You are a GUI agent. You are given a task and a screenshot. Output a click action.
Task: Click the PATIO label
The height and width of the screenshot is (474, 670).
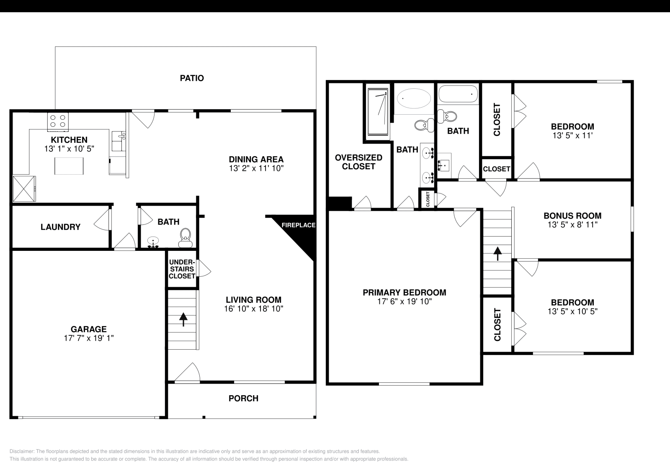pyautogui.click(x=192, y=78)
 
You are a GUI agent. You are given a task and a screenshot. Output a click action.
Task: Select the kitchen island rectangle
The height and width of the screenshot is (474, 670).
pyautogui.click(x=69, y=165)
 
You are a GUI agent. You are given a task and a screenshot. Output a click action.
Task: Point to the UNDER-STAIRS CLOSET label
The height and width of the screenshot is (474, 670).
pyautogui.click(x=182, y=269)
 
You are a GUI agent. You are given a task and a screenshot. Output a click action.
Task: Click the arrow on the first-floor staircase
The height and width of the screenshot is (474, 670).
pyautogui.click(x=183, y=319)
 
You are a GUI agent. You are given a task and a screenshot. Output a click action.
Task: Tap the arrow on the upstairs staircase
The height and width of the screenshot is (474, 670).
pyautogui.click(x=497, y=253)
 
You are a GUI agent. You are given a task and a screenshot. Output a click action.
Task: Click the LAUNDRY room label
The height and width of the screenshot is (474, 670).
pyautogui.click(x=60, y=227)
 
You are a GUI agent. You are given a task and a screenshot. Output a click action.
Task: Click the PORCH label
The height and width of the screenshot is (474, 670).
pyautogui.click(x=243, y=399)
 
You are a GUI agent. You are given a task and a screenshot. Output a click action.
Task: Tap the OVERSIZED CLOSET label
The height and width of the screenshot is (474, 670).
pyautogui.click(x=358, y=162)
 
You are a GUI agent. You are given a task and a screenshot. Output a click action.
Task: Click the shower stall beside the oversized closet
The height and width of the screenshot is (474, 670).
pyautogui.click(x=378, y=111)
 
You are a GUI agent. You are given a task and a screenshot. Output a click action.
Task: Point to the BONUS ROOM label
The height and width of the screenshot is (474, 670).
pyautogui.click(x=572, y=216)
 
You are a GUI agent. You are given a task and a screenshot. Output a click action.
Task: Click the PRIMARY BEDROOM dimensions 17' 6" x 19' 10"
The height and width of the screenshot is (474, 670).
pyautogui.click(x=404, y=301)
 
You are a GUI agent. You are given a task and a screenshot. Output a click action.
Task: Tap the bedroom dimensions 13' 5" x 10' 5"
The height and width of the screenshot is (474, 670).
pyautogui.click(x=572, y=312)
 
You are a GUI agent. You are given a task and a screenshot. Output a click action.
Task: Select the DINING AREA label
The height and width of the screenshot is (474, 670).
pyautogui.click(x=256, y=159)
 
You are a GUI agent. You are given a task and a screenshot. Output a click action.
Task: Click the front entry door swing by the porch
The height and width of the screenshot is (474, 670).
pyautogui.click(x=188, y=373)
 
